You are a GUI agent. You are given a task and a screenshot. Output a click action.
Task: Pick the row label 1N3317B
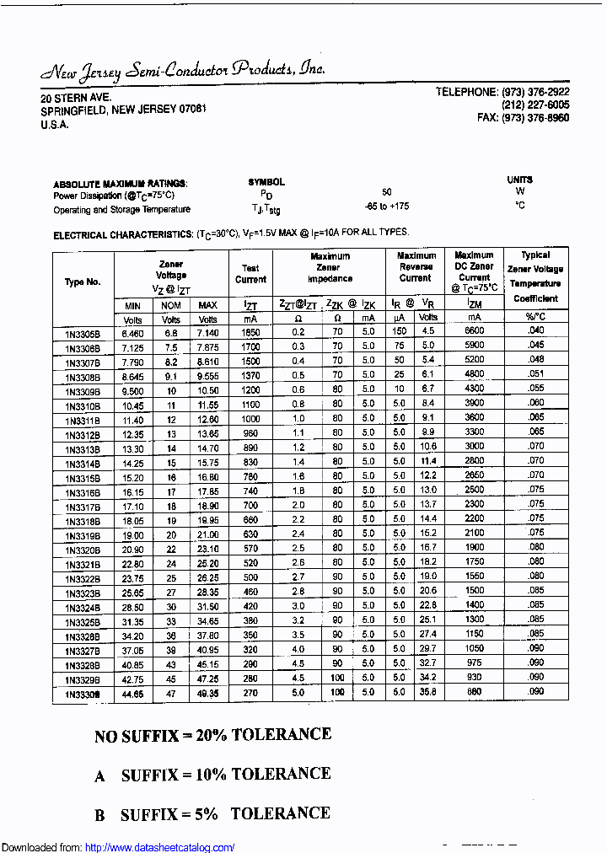(83, 507)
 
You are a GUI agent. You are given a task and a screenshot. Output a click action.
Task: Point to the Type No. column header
(83, 282)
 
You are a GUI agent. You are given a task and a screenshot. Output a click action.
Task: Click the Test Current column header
(250, 274)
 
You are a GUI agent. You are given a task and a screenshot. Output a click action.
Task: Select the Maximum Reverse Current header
(416, 266)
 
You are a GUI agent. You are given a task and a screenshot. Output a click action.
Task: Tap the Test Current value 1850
(250, 333)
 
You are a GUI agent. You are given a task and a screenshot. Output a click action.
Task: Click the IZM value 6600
(474, 331)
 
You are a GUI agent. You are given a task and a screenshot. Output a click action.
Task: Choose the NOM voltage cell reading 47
(171, 693)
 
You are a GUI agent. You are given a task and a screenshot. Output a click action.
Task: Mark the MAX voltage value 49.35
(207, 693)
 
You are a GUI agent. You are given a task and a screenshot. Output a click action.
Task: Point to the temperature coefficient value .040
(535, 330)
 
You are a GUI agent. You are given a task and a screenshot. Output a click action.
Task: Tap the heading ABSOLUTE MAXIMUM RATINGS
(120, 184)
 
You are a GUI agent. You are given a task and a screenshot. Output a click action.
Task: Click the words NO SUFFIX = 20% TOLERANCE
(212, 735)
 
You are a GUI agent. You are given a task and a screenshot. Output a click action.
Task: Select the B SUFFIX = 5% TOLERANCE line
(212, 814)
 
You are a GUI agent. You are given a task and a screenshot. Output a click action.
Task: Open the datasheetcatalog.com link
(160, 847)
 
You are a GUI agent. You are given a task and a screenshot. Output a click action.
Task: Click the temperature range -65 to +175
(386, 207)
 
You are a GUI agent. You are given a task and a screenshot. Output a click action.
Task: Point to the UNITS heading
(519, 180)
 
